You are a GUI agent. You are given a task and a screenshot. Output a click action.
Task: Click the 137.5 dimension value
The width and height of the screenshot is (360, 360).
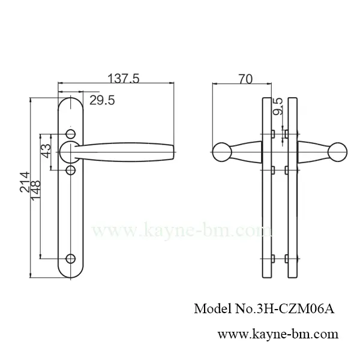123,78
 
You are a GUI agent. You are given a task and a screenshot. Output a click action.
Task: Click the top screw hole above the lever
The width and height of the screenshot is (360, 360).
71,133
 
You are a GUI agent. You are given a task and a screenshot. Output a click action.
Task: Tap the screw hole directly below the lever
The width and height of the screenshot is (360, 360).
71,171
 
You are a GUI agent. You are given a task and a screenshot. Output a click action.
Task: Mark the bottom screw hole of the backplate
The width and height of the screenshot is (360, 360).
71,259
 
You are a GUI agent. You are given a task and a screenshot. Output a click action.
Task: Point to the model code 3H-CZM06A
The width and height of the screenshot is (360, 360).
298,309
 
